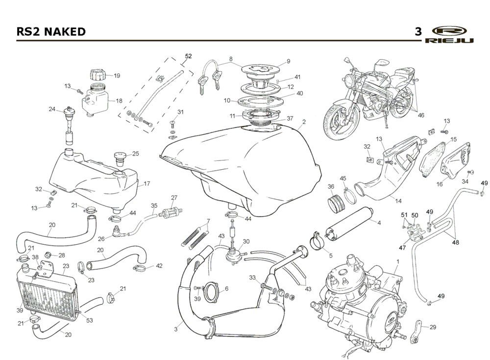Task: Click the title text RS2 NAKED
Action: (x=51, y=32)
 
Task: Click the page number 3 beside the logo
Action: (x=418, y=32)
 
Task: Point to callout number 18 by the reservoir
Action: (x=119, y=101)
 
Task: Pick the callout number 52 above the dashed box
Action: (x=188, y=56)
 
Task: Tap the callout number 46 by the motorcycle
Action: (x=420, y=115)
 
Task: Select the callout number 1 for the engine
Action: (x=397, y=262)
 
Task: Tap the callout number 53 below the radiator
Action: (x=89, y=321)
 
